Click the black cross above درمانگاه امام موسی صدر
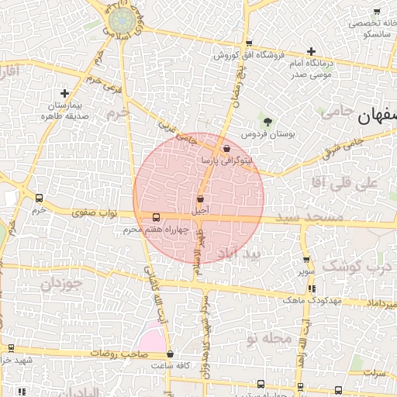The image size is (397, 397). click(x=311, y=50)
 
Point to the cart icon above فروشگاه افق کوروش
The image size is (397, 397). click(x=248, y=44)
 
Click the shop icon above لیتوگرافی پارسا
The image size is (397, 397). click(x=226, y=148)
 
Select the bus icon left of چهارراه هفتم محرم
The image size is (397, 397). click(x=157, y=217)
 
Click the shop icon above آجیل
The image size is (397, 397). click(x=200, y=199)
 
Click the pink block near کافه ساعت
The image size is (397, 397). click(x=152, y=340)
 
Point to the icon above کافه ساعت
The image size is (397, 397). click(x=170, y=354)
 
